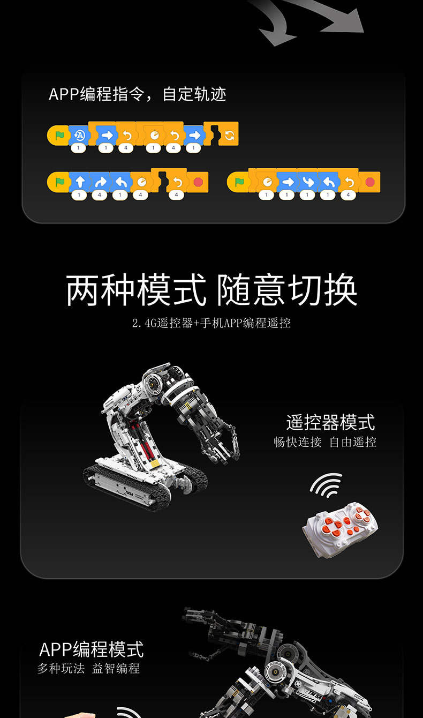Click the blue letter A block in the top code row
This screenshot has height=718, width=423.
pyautogui.click(x=79, y=135)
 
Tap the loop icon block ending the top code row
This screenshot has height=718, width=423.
pyautogui.click(x=229, y=134)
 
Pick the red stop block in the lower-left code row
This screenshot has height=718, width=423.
pyautogui.click(x=198, y=182)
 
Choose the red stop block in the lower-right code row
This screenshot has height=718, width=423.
pyautogui.click(x=370, y=182)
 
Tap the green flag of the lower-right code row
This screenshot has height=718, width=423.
pyautogui.click(x=239, y=182)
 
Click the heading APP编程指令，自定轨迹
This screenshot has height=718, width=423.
pyautogui.click(x=138, y=94)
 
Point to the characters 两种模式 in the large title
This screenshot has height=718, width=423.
pyautogui.click(x=136, y=290)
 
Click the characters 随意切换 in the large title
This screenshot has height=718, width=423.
pyautogui.click(x=287, y=290)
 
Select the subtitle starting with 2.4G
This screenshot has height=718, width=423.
pyautogui.click(x=211, y=323)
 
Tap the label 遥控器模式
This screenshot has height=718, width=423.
pyautogui.click(x=330, y=422)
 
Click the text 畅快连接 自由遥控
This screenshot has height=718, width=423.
pyautogui.click(x=325, y=442)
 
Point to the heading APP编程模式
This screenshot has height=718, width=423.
pyautogui.click(x=92, y=649)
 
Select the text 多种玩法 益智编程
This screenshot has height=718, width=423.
pyautogui.click(x=89, y=669)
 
